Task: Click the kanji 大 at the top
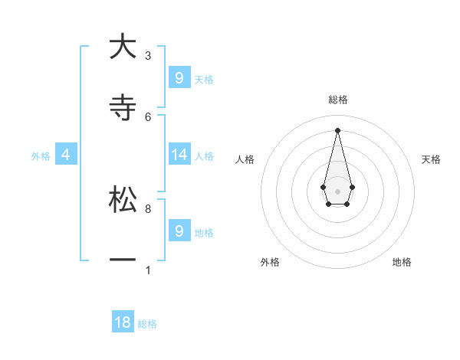(123, 47)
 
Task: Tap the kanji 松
(123, 199)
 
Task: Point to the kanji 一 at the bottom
(123, 260)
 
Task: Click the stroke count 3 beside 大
(148, 56)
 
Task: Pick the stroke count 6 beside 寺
(148, 116)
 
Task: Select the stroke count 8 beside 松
(148, 208)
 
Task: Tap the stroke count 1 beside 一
(148, 270)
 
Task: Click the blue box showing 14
(179, 155)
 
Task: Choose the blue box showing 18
(123, 322)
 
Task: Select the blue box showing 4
(66, 155)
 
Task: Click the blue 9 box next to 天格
(179, 78)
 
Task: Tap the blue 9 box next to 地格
(179, 231)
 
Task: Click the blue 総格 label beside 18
(147, 324)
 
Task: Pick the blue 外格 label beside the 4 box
(41, 156)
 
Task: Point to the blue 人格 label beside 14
(204, 156)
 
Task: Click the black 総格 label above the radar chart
(337, 100)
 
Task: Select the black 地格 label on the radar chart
(402, 263)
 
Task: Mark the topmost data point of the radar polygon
(337, 129)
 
